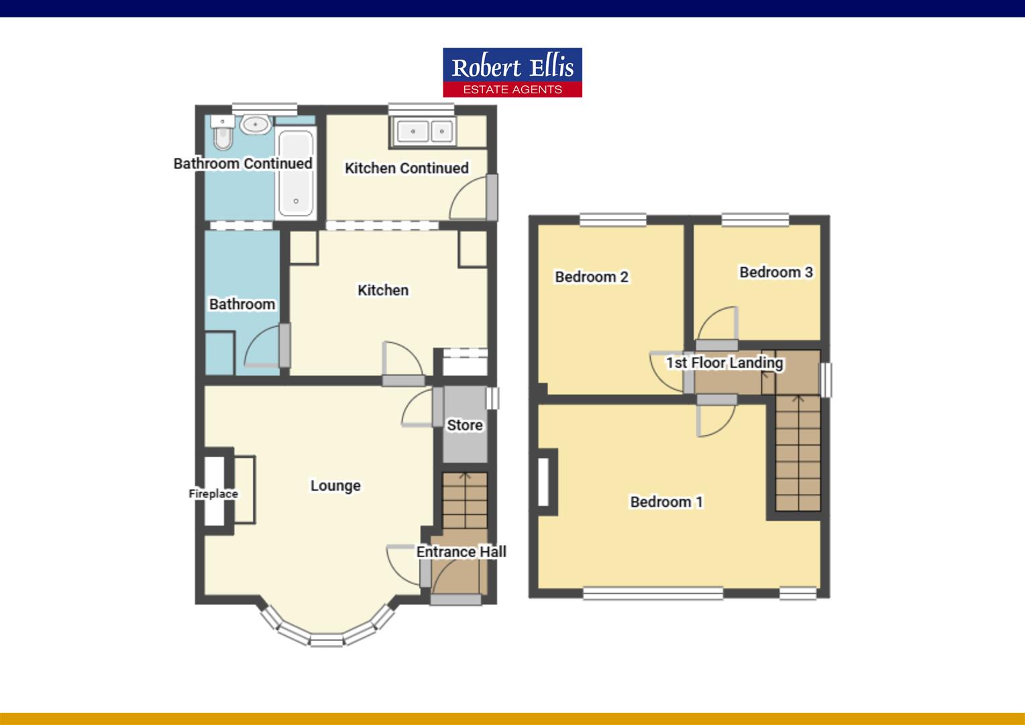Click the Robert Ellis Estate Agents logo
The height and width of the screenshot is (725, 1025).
click(x=512, y=72)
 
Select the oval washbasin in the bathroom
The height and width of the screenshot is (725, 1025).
click(x=255, y=124)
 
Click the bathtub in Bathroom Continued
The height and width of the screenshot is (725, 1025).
click(x=295, y=173)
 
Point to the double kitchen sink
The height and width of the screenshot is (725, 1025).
click(x=423, y=132)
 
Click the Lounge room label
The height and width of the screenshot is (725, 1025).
click(x=335, y=485)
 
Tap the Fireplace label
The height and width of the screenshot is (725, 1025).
click(x=213, y=493)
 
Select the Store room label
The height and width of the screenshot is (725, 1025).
click(x=464, y=425)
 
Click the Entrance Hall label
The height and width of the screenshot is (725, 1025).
click(x=461, y=552)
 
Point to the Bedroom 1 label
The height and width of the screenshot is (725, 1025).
click(x=666, y=501)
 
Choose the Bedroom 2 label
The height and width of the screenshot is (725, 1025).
click(x=591, y=277)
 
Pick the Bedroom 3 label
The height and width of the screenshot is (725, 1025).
click(x=775, y=272)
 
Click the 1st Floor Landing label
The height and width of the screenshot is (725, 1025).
click(x=724, y=362)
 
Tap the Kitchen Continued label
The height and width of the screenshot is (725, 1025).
click(x=407, y=168)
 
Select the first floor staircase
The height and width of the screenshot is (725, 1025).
click(x=798, y=453)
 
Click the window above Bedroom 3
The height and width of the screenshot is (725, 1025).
click(x=755, y=220)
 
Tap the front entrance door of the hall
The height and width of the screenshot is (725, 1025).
click(x=455, y=599)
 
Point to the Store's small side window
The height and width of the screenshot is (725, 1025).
click(x=493, y=397)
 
